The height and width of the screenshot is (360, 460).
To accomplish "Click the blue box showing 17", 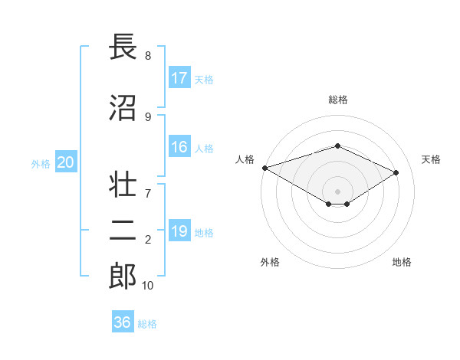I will [179, 78].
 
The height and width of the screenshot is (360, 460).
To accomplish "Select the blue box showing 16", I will [179, 148].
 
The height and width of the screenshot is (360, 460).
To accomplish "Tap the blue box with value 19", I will [179, 231].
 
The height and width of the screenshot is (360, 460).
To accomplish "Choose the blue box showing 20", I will [66, 162].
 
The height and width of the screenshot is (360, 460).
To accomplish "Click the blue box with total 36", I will [123, 322].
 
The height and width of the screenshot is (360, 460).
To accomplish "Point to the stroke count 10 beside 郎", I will [148, 285].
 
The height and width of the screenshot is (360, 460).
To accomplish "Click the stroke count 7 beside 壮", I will [147, 185].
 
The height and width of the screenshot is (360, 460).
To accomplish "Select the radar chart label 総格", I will [337, 100].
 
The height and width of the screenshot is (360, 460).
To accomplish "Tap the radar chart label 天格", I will [432, 159].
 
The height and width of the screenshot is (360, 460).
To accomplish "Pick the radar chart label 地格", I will [402, 262].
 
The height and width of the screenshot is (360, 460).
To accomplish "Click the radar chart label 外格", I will [270, 262].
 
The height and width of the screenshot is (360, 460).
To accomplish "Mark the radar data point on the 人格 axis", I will [264, 168].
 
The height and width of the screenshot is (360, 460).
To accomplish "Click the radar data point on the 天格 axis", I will [396, 172].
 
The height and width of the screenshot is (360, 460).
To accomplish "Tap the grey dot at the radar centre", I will [337, 191].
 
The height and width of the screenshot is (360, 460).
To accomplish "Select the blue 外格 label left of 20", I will [40, 163].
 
